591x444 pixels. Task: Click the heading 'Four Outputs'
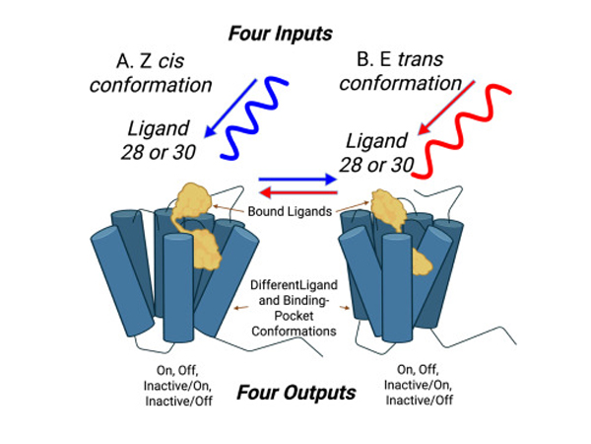coord(295,393)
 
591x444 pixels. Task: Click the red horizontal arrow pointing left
coord(295,192)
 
